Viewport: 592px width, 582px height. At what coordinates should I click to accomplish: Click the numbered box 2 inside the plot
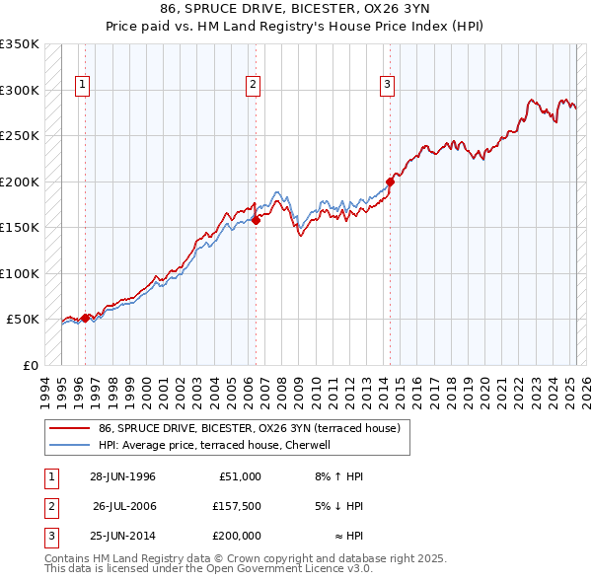(x=253, y=86)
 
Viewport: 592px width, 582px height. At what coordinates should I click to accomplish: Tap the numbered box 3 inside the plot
(x=388, y=86)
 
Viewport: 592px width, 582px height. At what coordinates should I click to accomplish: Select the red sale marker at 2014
(x=391, y=182)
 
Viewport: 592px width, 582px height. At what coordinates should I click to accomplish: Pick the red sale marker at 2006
(x=256, y=220)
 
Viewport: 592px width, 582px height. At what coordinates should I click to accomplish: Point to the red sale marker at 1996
(x=85, y=318)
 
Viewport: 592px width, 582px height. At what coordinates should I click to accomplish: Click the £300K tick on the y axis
(x=20, y=90)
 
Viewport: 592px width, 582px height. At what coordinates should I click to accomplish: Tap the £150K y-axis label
(x=20, y=227)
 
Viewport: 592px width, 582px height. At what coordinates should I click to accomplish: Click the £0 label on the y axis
(x=31, y=365)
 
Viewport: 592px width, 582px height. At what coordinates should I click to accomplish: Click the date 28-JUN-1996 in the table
(x=122, y=476)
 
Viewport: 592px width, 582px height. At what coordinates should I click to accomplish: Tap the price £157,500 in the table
(x=237, y=506)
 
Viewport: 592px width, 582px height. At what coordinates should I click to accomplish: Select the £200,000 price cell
(x=237, y=536)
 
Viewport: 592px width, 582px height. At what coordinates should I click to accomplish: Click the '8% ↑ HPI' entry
(x=338, y=476)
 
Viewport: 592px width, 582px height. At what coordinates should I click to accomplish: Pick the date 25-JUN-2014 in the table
(x=122, y=536)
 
